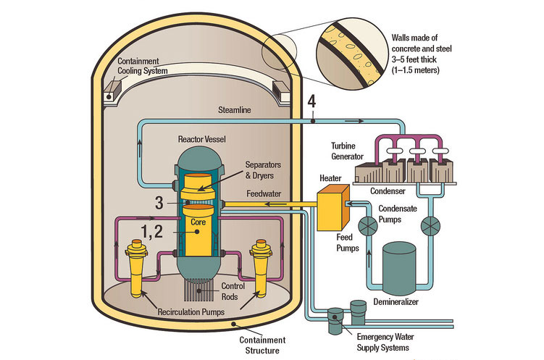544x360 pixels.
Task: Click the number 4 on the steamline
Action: click(x=311, y=103)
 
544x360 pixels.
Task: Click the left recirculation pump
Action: click(x=135, y=267)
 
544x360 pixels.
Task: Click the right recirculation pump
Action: click(x=261, y=267)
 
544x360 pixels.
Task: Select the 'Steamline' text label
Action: click(x=236, y=111)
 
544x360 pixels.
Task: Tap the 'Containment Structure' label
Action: click(x=261, y=344)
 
